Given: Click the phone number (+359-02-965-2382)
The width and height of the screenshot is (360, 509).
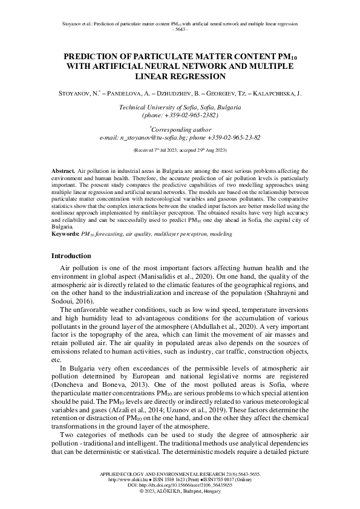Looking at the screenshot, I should (x=179, y=114).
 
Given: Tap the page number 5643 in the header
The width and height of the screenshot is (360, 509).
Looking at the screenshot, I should (x=180, y=29).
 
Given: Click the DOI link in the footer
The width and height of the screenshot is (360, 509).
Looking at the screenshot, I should (x=180, y=485).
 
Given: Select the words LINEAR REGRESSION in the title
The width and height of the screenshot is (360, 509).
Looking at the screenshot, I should (x=180, y=76).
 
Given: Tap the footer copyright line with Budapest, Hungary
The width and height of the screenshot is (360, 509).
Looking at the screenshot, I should (x=180, y=491).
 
